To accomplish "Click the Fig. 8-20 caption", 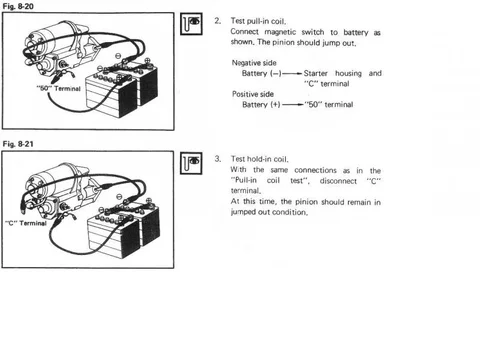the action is (x=18, y=6).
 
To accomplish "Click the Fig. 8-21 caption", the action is (x=18, y=144).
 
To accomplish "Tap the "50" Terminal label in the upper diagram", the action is (x=59, y=89).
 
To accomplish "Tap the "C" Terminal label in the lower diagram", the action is (x=26, y=223).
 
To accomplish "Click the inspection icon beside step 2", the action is (x=191, y=24).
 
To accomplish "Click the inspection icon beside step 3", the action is (x=191, y=163).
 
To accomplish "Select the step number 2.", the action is (x=217, y=21).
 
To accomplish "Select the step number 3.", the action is (x=217, y=159).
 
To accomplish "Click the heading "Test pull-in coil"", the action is (x=258, y=21).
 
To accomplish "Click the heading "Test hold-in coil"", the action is (x=259, y=159).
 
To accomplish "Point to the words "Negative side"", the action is (x=254, y=63).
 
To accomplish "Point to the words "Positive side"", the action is (x=253, y=94).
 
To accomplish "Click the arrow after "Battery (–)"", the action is (x=292, y=73).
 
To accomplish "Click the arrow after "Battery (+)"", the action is (x=293, y=105).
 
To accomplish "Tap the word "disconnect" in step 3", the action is (x=338, y=181).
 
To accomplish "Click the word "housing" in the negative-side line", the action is (x=348, y=73).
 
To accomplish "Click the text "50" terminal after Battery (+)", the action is (x=329, y=104).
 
